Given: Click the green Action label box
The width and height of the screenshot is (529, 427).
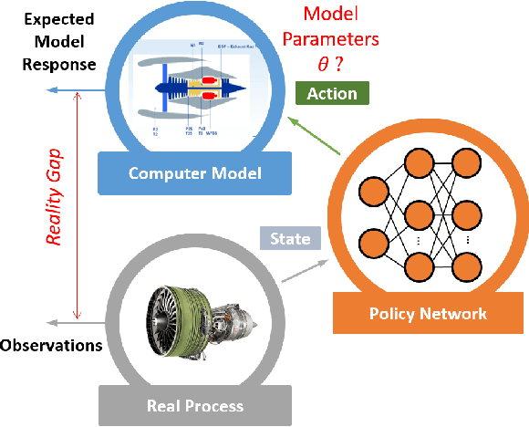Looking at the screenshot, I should click(x=332, y=93).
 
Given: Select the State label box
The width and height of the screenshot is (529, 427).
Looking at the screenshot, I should click(x=291, y=239).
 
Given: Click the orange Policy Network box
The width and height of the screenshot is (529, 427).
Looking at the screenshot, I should click(x=428, y=314).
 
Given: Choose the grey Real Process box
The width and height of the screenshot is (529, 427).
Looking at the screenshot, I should click(x=194, y=404).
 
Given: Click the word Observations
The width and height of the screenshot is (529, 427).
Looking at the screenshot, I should click(x=50, y=346).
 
